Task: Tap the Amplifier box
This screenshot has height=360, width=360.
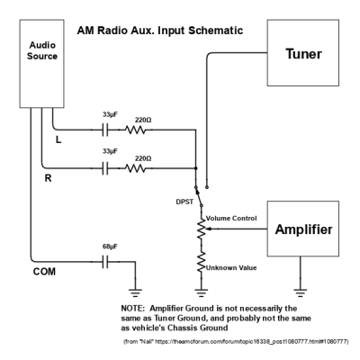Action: tap(296, 229)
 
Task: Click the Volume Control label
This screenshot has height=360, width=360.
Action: tap(229, 217)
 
